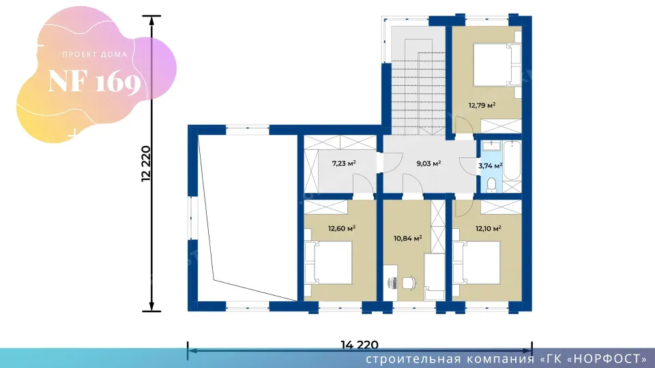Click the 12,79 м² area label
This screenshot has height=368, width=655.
[x=482, y=105]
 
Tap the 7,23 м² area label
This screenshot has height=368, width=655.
[x=344, y=163]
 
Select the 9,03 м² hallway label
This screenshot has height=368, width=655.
[x=428, y=163]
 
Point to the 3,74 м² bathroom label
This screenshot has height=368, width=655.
[x=490, y=166]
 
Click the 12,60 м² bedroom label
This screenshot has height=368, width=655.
[x=342, y=228]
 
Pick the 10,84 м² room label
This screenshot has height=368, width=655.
[x=408, y=239]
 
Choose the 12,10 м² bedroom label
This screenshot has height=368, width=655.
[x=489, y=228]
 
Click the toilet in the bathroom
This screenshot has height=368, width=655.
[x=492, y=185]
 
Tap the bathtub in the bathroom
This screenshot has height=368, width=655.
[x=512, y=161]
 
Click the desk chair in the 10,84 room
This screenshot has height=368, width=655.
[x=409, y=282]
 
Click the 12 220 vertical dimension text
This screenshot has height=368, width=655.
[x=146, y=164]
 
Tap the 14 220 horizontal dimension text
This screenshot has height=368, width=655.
[x=360, y=345]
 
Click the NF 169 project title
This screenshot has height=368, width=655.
[x=94, y=81]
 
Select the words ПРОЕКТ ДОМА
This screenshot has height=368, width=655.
[x=95, y=55]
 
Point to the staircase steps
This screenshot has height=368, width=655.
[x=418, y=87]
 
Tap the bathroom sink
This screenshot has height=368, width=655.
[x=492, y=146]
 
